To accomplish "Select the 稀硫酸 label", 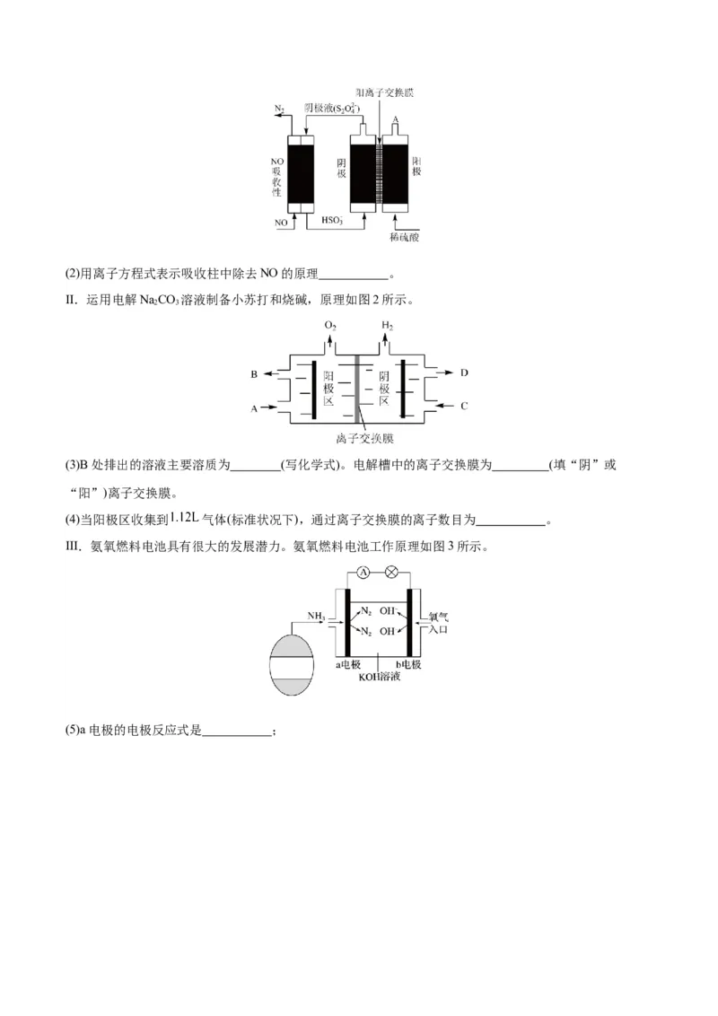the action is pos(405,237).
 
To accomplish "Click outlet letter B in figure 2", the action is pos(255,373).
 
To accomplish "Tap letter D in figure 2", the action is pos(464,372).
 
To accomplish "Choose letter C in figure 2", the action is pos(464,406).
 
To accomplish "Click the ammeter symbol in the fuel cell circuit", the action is pos(363,572).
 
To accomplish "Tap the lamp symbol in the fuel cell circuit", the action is pos(390,572).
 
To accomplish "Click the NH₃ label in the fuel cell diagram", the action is pos(316,616).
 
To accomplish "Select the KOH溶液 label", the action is pos(379,677).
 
